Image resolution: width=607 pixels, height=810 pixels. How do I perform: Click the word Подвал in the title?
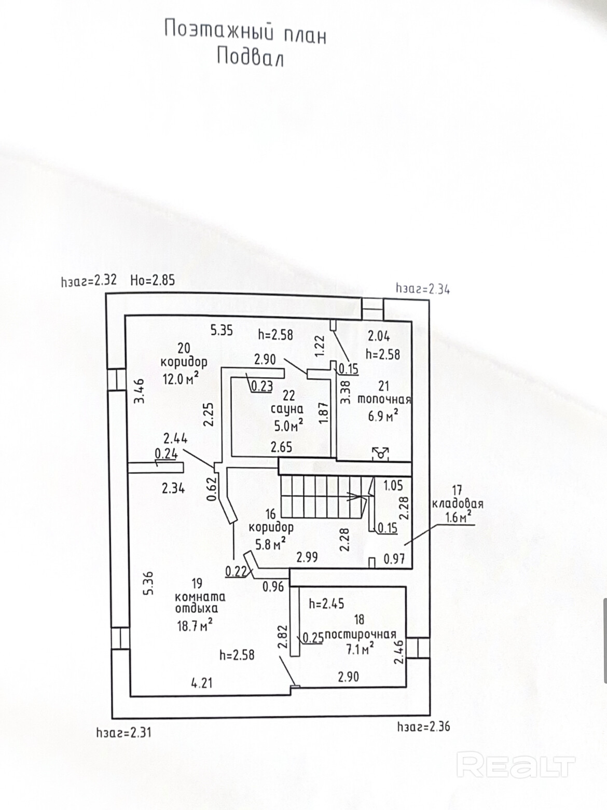point(250,57)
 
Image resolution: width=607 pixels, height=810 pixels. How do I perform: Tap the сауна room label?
point(287,409)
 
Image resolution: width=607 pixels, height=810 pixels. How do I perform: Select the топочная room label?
point(384,400)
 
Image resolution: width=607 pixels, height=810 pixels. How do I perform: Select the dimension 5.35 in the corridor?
point(222,330)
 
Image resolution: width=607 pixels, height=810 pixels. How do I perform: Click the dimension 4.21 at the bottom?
point(202,683)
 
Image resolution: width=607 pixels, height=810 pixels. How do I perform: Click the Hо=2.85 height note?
point(153,281)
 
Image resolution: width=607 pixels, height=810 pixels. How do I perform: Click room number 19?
point(197,583)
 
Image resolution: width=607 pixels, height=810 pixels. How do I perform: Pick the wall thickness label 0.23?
point(262,386)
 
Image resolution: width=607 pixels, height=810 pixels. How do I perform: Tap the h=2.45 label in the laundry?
point(326,603)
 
